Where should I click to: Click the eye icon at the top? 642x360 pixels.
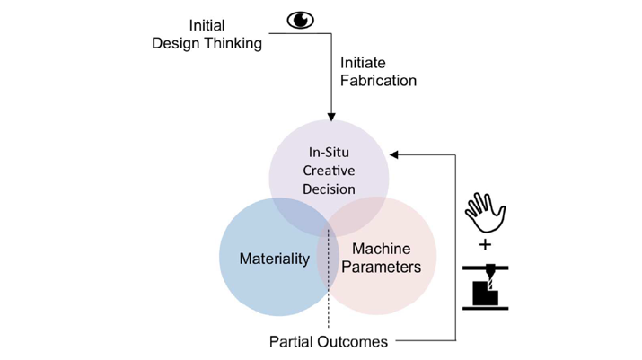300,20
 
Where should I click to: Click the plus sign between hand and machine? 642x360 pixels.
485,244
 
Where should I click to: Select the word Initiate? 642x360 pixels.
363,63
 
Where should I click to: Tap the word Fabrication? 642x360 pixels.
378,81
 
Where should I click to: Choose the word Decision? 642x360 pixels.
330,189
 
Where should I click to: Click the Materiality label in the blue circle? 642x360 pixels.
274,259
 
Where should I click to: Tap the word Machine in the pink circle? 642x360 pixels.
381,249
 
